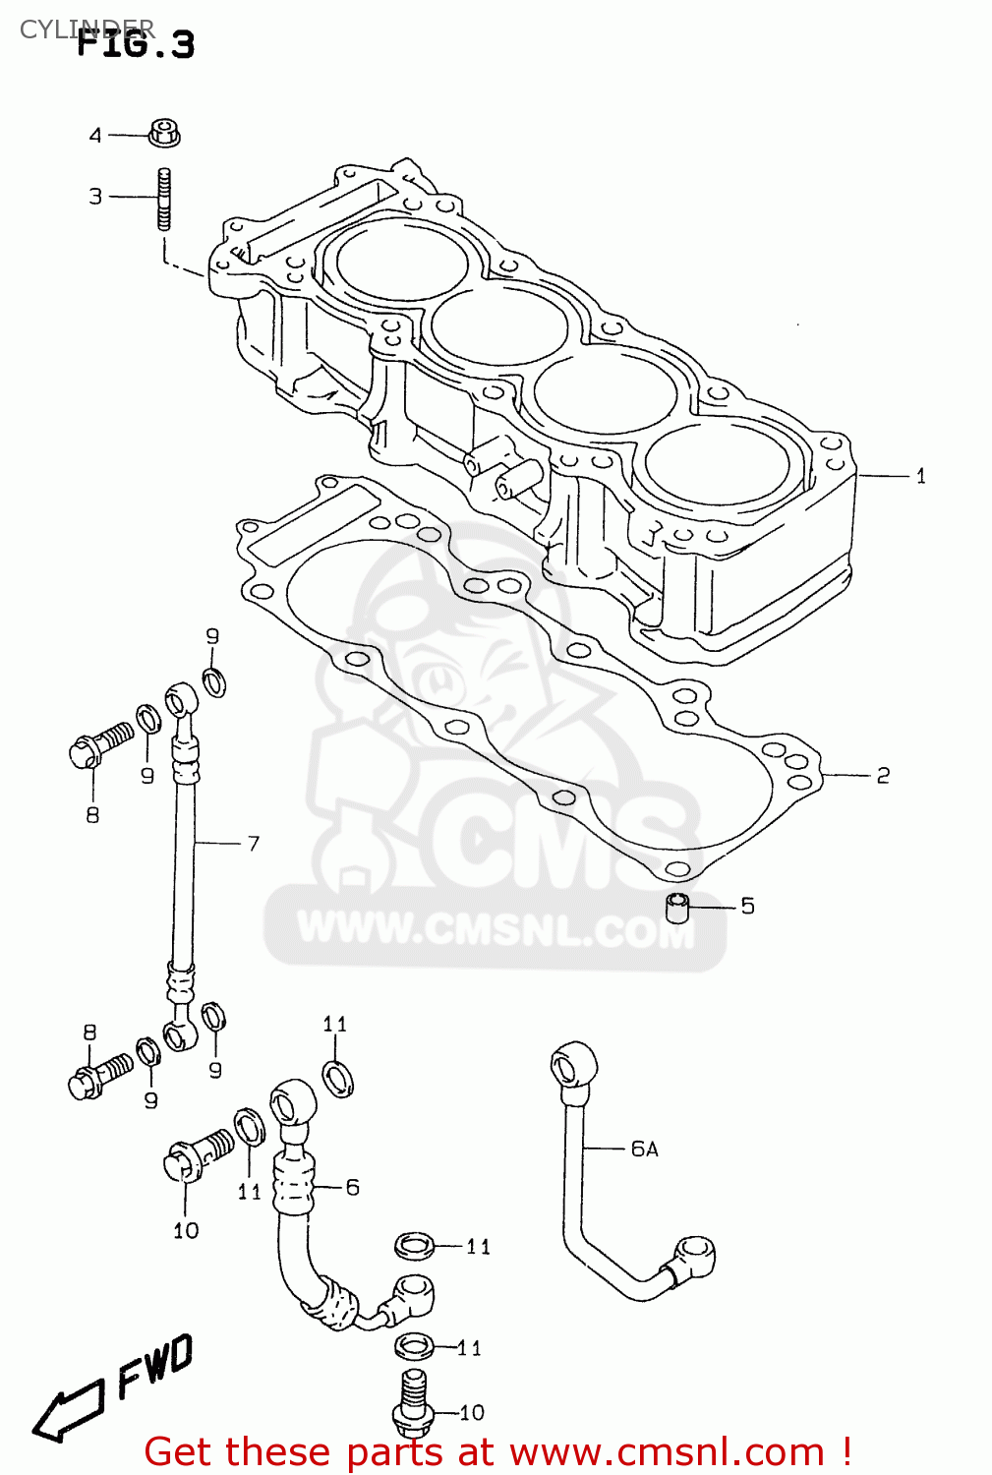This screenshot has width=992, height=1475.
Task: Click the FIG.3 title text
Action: pyautogui.click(x=137, y=44)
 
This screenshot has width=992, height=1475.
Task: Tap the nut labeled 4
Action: pyautogui.click(x=164, y=133)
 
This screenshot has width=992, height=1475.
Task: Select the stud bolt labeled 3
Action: pyautogui.click(x=164, y=199)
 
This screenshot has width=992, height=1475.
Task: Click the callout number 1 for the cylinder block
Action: pyautogui.click(x=920, y=476)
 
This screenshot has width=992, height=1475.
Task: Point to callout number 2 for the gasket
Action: pyautogui.click(x=883, y=776)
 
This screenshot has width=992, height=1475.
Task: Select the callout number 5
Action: pyautogui.click(x=747, y=906)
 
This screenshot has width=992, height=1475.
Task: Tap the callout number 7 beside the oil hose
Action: pyautogui.click(x=254, y=844)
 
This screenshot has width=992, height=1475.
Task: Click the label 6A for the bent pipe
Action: pyautogui.click(x=644, y=1149)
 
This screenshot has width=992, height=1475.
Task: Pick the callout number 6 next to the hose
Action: pyautogui.click(x=352, y=1188)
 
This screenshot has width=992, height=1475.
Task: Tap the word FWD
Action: pyautogui.click(x=154, y=1367)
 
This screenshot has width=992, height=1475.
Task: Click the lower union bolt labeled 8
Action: pyautogui.click(x=99, y=1074)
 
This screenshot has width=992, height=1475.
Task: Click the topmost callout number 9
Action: pyautogui.click(x=212, y=636)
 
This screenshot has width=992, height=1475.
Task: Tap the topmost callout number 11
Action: pyautogui.click(x=335, y=1025)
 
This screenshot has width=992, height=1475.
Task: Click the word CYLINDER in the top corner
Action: pyautogui.click(x=87, y=29)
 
